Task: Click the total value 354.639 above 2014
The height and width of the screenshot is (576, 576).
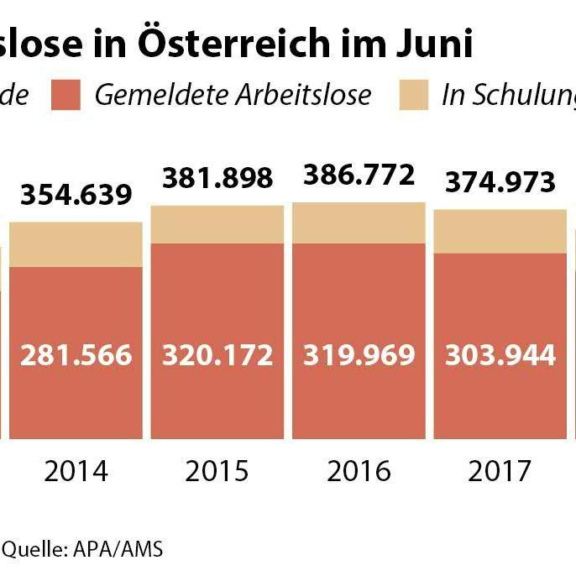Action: click(x=76, y=195)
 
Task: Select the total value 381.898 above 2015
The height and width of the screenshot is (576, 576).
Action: click(x=217, y=178)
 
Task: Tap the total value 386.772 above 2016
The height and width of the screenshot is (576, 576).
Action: click(x=359, y=175)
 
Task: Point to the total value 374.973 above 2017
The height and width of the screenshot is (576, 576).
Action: click(x=500, y=182)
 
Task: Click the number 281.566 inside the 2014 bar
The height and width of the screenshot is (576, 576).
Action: click(x=76, y=355)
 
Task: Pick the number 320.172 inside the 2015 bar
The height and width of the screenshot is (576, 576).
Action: click(x=217, y=355)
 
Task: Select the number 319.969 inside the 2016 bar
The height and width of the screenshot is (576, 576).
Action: click(x=359, y=355)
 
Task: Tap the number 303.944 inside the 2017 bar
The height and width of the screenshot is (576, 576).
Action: click(x=500, y=355)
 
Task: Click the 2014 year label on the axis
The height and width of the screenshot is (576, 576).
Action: click(x=76, y=471)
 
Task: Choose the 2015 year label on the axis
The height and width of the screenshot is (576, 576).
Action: click(x=217, y=471)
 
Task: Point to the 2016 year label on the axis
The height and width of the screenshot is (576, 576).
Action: click(x=359, y=471)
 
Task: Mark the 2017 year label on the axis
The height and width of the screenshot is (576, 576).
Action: click(x=500, y=471)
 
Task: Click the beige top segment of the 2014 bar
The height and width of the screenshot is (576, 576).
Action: click(x=76, y=244)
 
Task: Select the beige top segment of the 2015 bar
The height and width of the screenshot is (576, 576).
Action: click(x=217, y=224)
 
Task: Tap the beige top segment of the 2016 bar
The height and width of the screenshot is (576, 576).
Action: click(x=359, y=223)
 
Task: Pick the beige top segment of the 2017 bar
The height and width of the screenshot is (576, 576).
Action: click(x=500, y=231)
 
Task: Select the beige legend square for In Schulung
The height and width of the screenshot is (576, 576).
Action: click(x=413, y=95)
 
